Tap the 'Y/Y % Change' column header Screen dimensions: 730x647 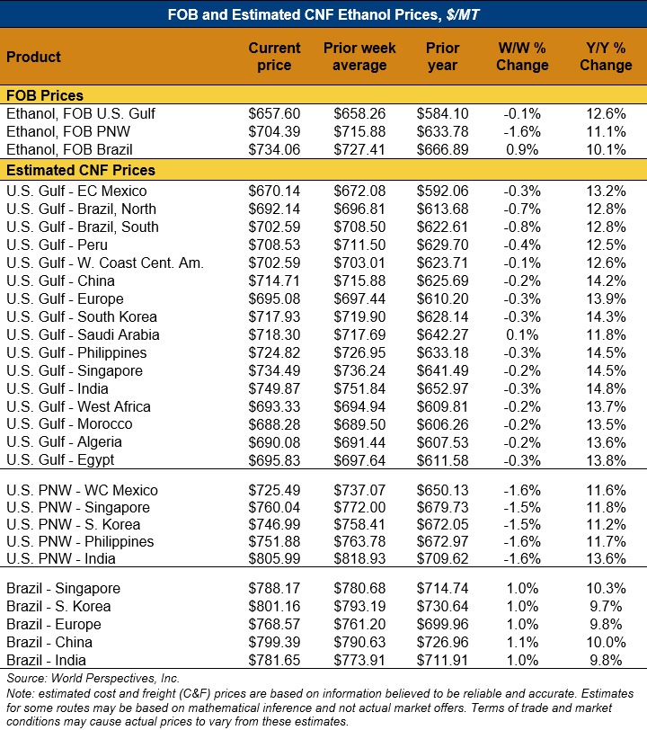click(x=605, y=57)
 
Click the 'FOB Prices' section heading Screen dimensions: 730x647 click(x=45, y=95)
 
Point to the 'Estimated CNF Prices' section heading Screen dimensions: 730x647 click(x=81, y=170)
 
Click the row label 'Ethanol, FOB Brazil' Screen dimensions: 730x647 click(x=69, y=149)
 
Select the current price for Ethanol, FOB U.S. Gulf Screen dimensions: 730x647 click(x=274, y=114)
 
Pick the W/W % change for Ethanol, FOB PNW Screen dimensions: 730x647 click(x=523, y=132)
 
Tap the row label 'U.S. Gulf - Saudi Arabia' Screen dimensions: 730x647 click(x=83, y=334)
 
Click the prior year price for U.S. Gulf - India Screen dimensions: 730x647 click(x=443, y=388)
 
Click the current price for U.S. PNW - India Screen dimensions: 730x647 click(x=274, y=559)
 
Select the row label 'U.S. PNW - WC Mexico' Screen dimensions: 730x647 click(x=82, y=491)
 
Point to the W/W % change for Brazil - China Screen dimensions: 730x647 click(x=523, y=643)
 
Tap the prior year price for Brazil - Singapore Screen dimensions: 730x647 click(x=443, y=589)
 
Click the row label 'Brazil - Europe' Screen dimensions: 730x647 click(x=54, y=625)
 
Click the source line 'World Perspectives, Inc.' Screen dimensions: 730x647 click(x=93, y=678)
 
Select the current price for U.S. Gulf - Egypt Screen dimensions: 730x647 click(x=274, y=460)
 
